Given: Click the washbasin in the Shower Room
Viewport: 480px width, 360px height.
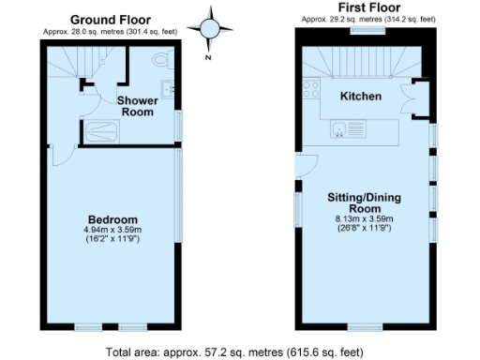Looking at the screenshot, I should point(168,90).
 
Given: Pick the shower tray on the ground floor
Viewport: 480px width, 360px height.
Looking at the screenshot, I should point(112,134).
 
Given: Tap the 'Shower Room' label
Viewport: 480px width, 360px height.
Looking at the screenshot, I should point(137,106).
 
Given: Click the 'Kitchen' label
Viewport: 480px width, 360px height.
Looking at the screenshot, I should point(360,96).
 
